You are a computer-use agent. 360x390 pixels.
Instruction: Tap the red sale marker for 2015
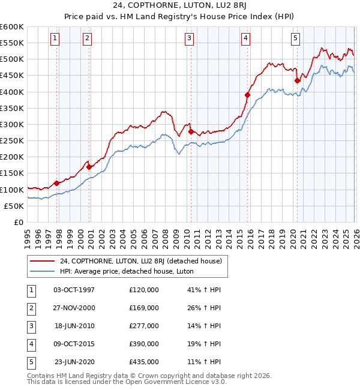(x=247, y=95)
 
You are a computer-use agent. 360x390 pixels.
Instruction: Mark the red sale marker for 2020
(x=297, y=80)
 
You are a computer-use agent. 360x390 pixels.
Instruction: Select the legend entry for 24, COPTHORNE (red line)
(x=141, y=261)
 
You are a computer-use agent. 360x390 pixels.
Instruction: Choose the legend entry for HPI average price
(x=134, y=271)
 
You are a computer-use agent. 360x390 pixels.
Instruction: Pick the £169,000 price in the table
(x=144, y=308)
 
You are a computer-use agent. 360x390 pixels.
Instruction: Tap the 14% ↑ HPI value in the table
(x=204, y=326)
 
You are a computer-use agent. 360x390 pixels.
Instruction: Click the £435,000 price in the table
(x=144, y=362)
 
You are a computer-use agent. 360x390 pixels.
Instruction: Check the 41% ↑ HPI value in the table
(x=204, y=290)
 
